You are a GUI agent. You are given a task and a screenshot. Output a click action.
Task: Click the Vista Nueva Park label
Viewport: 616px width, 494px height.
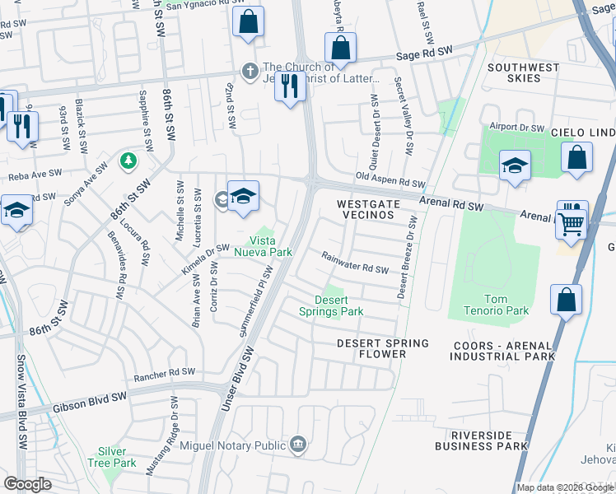(272, 246)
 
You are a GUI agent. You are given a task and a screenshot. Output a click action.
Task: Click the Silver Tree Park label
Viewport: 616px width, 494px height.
(112, 457)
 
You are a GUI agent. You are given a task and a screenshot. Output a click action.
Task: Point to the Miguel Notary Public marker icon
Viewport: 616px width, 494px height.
(298, 445)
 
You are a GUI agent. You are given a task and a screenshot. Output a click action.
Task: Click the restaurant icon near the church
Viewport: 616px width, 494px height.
(288, 86)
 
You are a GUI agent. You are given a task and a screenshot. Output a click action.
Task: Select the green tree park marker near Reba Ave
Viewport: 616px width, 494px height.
(128, 159)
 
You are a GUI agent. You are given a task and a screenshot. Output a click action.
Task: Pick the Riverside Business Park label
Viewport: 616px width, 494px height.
(488, 440)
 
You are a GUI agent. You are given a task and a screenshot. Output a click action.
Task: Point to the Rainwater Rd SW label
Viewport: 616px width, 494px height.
(354, 263)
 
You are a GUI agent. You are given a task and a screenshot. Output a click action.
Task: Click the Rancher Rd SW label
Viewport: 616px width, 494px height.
(165, 375)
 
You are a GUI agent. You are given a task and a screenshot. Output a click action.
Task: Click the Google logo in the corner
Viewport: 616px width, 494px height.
(28, 483)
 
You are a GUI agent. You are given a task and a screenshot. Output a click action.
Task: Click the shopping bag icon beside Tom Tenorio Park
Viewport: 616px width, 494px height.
(566, 301)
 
